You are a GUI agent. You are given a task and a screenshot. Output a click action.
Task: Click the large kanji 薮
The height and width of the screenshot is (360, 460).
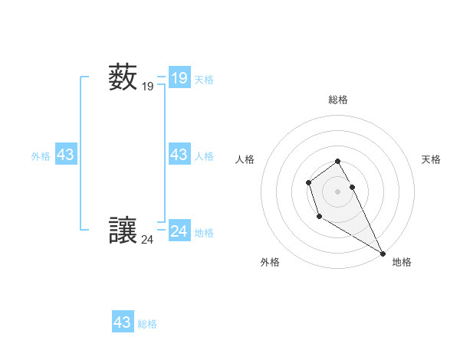pos(123,77)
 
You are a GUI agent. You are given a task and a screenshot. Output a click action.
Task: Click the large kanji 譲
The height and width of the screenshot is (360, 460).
pos(123,230)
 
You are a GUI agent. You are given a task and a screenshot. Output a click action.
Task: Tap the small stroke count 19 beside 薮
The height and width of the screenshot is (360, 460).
pos(148,87)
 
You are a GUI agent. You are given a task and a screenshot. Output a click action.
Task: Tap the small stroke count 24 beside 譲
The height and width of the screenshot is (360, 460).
pos(148,240)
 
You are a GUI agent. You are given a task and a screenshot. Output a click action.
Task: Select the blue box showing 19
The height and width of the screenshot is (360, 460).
pos(179,77)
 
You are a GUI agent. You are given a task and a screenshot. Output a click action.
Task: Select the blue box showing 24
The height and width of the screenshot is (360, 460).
pos(179,231)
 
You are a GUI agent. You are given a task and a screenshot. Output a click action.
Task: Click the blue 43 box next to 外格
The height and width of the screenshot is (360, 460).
pos(66,155)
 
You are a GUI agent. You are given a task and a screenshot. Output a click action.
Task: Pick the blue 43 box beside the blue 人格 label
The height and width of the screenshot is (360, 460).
pos(179,155)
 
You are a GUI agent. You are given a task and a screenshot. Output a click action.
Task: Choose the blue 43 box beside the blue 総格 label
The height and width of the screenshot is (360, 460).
pos(123,322)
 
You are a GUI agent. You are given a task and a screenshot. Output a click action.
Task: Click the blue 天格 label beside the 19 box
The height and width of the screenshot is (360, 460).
pos(204,79)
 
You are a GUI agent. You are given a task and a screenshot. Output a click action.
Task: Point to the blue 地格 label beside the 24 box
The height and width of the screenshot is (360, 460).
pos(204,233)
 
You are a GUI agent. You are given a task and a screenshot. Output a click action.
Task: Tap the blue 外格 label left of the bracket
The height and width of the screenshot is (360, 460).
pos(41,156)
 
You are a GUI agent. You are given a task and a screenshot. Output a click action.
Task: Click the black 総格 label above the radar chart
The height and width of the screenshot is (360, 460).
pos(338,100)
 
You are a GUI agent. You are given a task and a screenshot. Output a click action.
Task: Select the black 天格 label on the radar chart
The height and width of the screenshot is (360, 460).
pos(432,159)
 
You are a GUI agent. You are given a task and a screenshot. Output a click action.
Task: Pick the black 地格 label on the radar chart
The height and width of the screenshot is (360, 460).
pos(402,262)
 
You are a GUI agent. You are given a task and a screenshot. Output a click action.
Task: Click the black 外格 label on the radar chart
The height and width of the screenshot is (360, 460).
pos(270,262)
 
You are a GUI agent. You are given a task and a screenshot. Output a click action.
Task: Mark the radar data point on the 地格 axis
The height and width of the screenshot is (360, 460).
pos(383,254)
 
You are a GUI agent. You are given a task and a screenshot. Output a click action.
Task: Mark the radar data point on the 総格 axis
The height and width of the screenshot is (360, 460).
pos(338,161)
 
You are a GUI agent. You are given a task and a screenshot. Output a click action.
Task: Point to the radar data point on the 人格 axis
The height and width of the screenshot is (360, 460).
pos(308,182)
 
